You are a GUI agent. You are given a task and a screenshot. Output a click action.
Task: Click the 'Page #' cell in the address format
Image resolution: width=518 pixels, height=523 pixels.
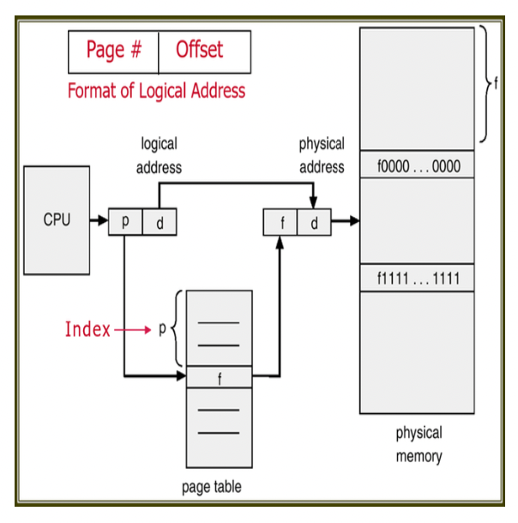[114, 51]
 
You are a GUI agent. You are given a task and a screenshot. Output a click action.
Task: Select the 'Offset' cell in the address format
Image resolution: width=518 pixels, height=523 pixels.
[204, 51]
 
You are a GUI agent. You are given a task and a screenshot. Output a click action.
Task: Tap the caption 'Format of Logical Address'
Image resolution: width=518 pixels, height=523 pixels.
[156, 91]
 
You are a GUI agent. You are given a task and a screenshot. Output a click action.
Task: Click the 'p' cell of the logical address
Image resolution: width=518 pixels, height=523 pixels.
[125, 222]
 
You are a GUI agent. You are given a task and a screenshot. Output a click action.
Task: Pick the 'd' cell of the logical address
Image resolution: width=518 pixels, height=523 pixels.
[159, 222]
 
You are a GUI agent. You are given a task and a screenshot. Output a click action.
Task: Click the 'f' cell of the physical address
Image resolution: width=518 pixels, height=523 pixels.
[280, 222]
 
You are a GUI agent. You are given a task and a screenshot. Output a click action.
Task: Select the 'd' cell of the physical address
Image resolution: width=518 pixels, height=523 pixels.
[314, 222]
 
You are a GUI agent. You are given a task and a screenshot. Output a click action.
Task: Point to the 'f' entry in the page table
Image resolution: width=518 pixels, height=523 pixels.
[220, 377]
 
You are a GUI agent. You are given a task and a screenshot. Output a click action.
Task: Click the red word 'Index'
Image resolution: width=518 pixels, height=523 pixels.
[88, 329]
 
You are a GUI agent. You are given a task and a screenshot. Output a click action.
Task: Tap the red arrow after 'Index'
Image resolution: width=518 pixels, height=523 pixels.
[133, 329]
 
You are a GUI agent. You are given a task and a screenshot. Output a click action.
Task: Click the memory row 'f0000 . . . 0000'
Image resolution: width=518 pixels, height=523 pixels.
[418, 165]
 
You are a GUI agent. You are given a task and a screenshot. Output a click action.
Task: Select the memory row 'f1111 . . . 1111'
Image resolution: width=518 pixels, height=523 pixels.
[418, 278]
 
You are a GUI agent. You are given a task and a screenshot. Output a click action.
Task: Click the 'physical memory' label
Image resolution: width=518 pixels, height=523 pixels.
[419, 444]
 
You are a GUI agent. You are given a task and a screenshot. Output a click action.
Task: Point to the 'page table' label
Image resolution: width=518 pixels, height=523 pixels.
[212, 488]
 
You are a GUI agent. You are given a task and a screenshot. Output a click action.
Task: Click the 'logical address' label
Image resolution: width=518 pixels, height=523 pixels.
[160, 155]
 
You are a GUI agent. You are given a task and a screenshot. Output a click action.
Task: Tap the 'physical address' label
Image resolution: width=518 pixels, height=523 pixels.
[322, 155]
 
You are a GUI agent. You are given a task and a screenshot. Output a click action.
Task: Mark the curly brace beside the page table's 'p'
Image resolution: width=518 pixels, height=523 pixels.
[178, 329]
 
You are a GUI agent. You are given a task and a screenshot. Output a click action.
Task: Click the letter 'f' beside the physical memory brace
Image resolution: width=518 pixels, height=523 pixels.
[496, 84]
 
